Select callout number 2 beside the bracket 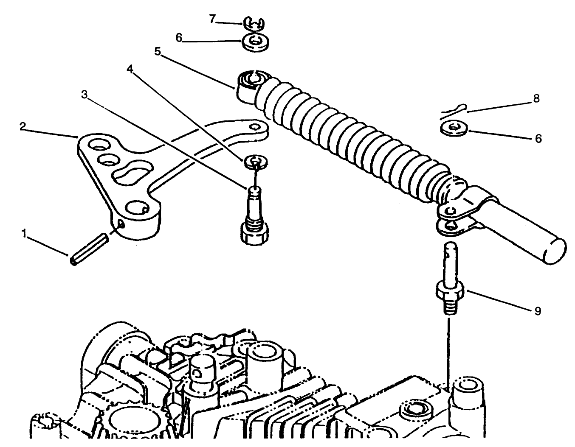pyautogui.click(x=23, y=126)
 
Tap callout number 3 pyautogui.click(x=85, y=95)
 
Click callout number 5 pyautogui.click(x=158, y=52)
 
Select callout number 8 pyautogui.click(x=536, y=98)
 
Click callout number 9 pyautogui.click(x=538, y=311)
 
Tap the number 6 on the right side pyautogui.click(x=538, y=139)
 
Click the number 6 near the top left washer pyautogui.click(x=179, y=38)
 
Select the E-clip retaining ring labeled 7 pyautogui.click(x=254, y=24)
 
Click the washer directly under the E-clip pyautogui.click(x=256, y=42)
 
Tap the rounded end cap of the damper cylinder pyautogui.click(x=555, y=251)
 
